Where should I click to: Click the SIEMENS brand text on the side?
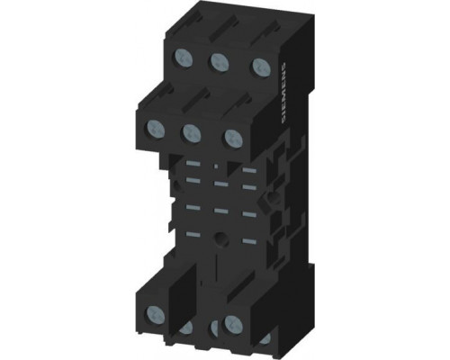(284, 93)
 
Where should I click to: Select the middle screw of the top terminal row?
(220, 61)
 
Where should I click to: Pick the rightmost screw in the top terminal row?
(260, 67)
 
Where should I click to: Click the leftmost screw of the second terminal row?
(156, 129)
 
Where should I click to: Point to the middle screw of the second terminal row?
(192, 133)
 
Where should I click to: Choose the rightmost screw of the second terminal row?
(234, 138)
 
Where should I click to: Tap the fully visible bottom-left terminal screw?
(156, 314)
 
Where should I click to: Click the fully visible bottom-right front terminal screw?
(233, 323)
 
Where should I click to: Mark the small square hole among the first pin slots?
(216, 166)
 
